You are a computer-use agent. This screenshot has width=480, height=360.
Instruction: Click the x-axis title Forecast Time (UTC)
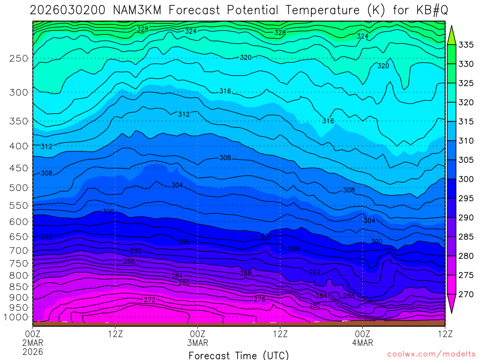click(239, 355)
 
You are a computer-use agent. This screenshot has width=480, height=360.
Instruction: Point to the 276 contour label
click(260, 299)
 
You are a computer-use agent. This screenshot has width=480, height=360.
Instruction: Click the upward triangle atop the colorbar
click(451, 35)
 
